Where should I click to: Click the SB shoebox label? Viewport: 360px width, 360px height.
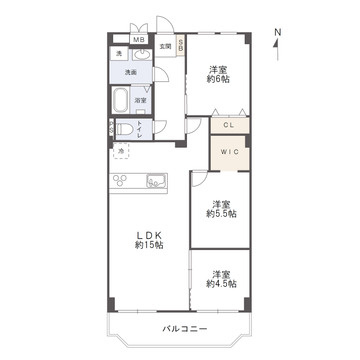pos(181,46)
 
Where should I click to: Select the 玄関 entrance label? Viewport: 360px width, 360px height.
pos(165,46)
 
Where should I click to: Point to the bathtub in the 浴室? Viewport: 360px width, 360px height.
pos(120,100)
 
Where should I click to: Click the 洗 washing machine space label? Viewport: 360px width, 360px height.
pos(118,53)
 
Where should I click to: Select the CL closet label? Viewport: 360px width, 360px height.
pos(228,126)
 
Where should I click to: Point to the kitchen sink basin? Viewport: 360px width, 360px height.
pos(157,180)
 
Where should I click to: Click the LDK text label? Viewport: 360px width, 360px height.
pos(149,236)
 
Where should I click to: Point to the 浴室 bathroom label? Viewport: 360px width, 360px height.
pos(141,100)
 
